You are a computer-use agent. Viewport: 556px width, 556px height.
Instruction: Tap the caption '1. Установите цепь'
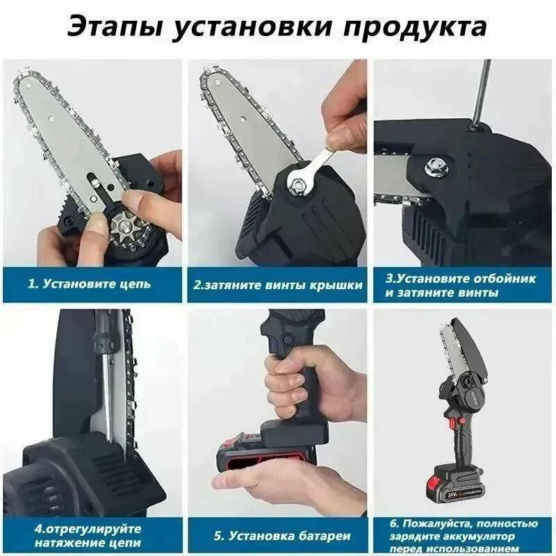pos(89,284)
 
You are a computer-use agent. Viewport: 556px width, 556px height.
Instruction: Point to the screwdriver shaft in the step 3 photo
pos(481,93)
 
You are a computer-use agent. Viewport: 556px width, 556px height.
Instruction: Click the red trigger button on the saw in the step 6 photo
pos(452,423)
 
